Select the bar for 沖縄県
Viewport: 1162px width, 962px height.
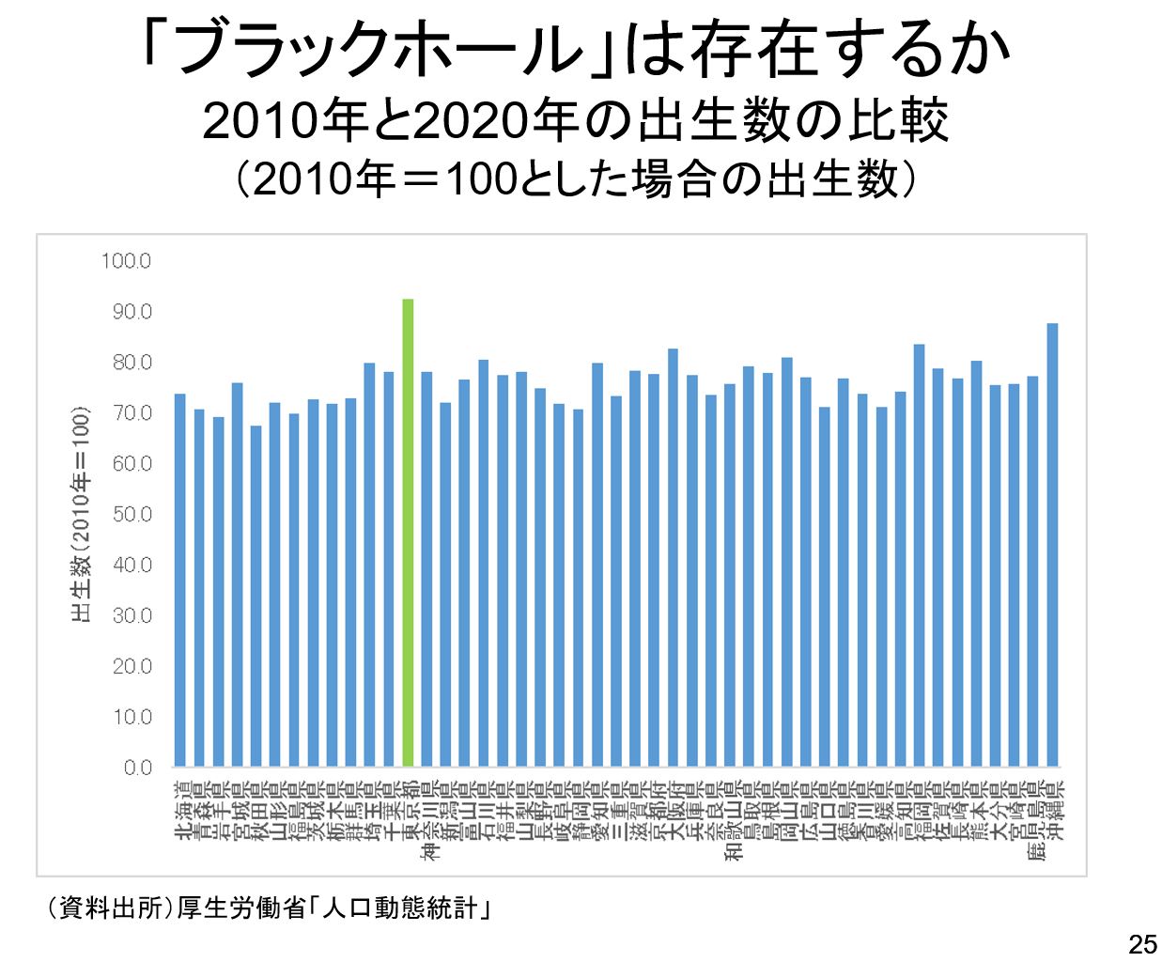1052,545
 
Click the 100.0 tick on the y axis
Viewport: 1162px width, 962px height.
126,260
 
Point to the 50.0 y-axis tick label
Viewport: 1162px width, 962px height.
132,514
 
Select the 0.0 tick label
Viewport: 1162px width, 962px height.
137,768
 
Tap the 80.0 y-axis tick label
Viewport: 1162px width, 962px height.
132,362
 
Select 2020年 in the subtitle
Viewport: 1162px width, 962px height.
470,120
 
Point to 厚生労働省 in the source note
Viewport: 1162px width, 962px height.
240,908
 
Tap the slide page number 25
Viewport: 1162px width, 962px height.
1141,944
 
